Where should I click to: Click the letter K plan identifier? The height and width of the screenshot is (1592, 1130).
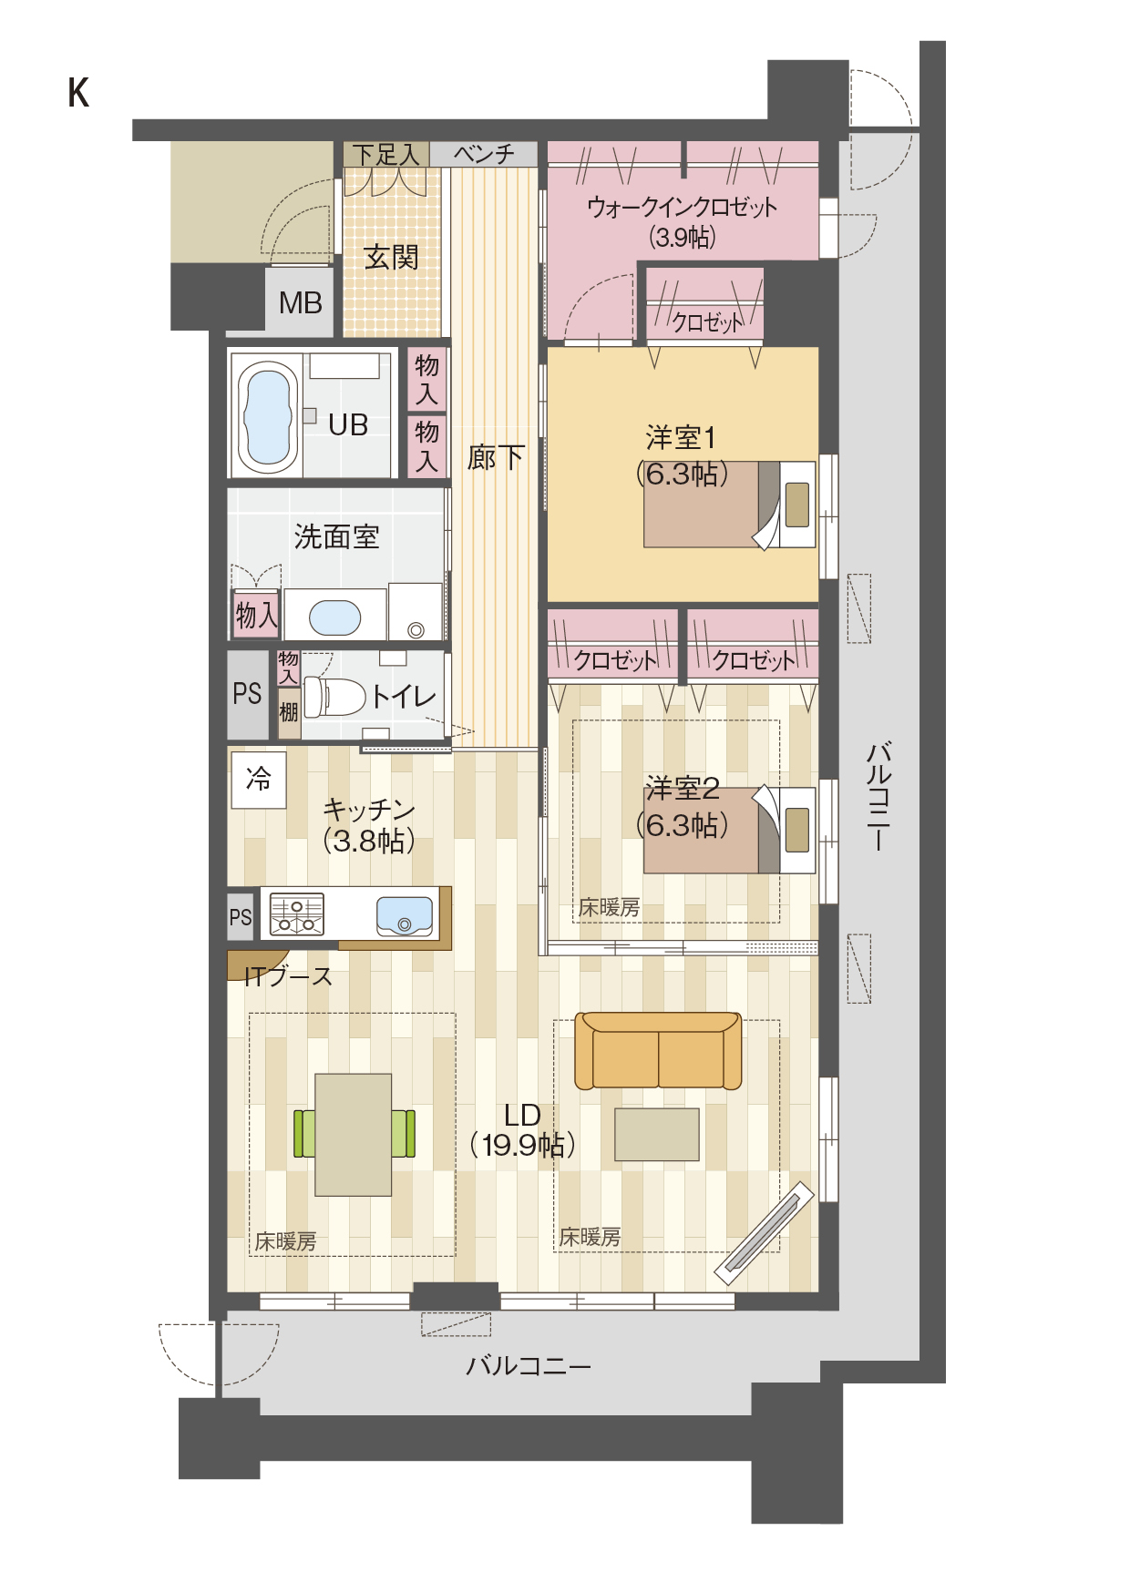click(x=78, y=93)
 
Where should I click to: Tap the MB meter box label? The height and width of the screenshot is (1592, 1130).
click(x=300, y=302)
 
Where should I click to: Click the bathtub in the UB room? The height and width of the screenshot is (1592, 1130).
click(x=269, y=416)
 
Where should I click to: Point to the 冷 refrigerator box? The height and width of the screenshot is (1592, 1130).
click(x=259, y=780)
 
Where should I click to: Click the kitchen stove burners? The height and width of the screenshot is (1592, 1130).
click(x=296, y=914)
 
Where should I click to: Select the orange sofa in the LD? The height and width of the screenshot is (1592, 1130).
click(x=658, y=1051)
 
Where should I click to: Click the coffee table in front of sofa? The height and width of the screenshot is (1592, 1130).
click(x=657, y=1135)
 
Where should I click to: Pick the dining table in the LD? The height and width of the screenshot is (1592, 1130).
click(x=354, y=1135)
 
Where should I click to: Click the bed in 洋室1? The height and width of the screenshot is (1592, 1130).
click(x=729, y=505)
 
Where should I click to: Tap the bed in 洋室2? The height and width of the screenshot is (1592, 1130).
click(x=729, y=831)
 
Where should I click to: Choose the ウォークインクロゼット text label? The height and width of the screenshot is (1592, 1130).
click(x=683, y=208)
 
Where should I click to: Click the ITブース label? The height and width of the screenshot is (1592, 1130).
click(x=289, y=977)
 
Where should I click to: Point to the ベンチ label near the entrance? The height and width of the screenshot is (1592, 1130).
click(x=485, y=154)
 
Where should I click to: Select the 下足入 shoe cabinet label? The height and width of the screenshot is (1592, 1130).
click(x=386, y=155)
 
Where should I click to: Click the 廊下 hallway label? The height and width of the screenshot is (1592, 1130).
click(x=496, y=457)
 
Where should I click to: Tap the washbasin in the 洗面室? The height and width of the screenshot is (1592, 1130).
click(x=335, y=617)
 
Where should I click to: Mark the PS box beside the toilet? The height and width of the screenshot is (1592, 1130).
click(x=247, y=695)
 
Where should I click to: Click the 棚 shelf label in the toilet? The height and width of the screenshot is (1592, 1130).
click(x=289, y=711)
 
